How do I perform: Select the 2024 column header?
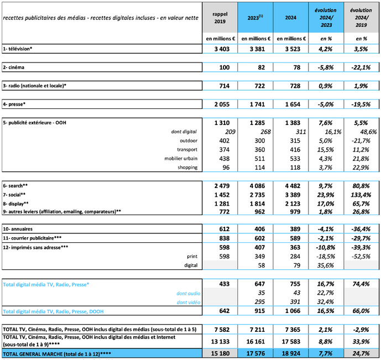click(x=290, y=17)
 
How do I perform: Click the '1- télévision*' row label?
click(x=18, y=49)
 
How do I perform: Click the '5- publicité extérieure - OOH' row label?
click(x=35, y=122)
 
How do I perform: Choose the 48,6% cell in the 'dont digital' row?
click(x=364, y=131)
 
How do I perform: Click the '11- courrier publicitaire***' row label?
click(x=32, y=237)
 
